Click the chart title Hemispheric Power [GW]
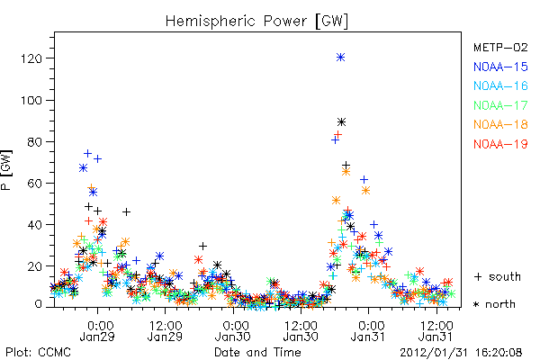(256, 21)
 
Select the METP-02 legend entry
(500, 47)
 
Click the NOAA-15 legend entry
(500, 67)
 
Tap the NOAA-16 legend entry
(500, 85)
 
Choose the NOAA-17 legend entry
(500, 105)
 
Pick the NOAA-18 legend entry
(500, 124)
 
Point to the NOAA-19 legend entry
(500, 144)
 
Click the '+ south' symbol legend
(498, 276)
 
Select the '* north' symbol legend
(494, 304)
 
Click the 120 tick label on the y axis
(31, 58)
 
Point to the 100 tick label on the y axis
(31, 100)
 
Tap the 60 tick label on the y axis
(35, 184)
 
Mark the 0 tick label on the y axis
(38, 304)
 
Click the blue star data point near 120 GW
(340, 58)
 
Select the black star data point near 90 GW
(341, 122)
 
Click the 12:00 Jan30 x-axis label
(301, 330)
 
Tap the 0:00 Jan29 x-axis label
(97, 330)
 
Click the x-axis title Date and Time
(257, 353)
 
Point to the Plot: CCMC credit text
(38, 353)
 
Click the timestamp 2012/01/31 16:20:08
(461, 353)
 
